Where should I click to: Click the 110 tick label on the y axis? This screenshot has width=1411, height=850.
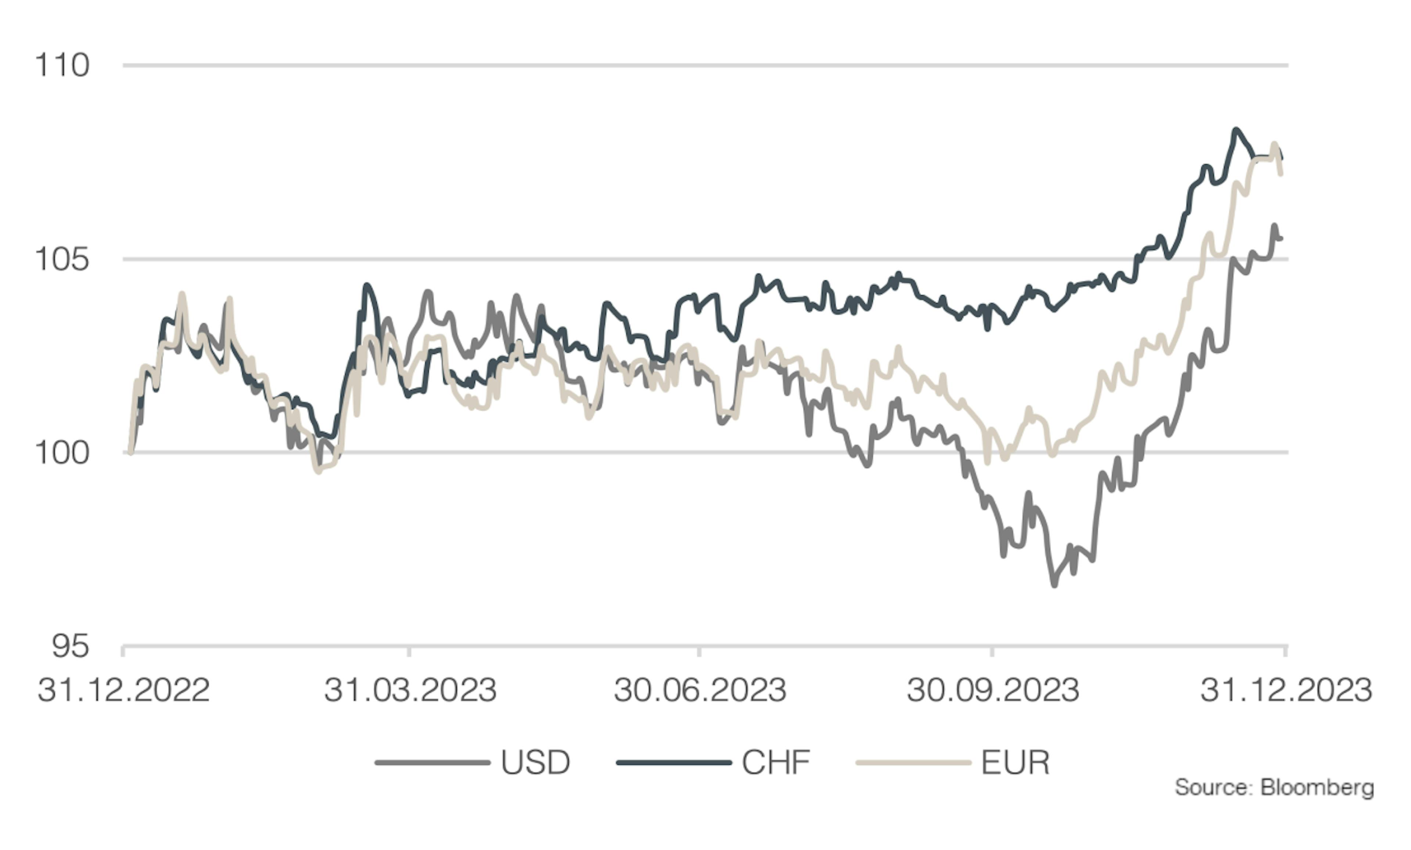62,65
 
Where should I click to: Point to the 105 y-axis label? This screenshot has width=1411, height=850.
62,259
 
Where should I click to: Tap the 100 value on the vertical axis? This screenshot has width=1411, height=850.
62,453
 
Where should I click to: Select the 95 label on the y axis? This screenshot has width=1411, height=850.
70,646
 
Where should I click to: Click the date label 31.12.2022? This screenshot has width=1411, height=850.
124,690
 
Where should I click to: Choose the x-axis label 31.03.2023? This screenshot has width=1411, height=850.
410,690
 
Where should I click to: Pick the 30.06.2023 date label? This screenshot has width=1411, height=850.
700,690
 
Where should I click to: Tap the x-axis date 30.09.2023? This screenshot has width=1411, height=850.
993,690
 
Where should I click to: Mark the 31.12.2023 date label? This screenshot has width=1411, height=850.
1286,690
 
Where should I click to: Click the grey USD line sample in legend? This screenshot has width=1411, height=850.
432,763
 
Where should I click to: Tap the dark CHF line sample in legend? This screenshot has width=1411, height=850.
674,763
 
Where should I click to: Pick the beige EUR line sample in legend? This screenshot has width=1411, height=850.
913,763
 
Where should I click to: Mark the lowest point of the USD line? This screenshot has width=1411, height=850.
1054,585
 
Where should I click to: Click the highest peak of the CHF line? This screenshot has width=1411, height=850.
1235,130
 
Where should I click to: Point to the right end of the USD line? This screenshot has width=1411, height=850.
1281,238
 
